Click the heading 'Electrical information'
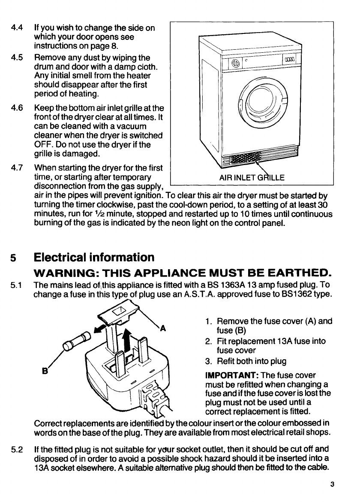click(x=94, y=257)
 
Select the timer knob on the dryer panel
click(x=235, y=63)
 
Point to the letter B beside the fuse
click(x=44, y=369)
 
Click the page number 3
click(x=333, y=485)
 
